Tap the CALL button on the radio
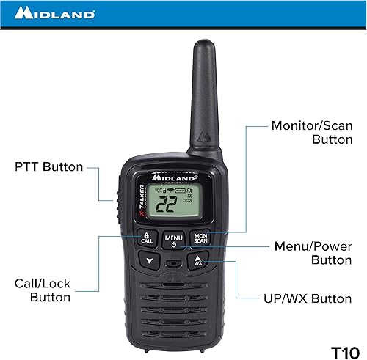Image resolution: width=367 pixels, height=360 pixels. point(147,238)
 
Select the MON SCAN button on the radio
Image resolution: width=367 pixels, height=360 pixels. point(200,238)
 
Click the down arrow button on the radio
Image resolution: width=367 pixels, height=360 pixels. point(150,261)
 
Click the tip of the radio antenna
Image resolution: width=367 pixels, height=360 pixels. point(203,45)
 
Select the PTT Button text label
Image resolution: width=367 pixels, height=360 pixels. point(48,166)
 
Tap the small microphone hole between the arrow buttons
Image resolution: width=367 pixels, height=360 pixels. point(174,262)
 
